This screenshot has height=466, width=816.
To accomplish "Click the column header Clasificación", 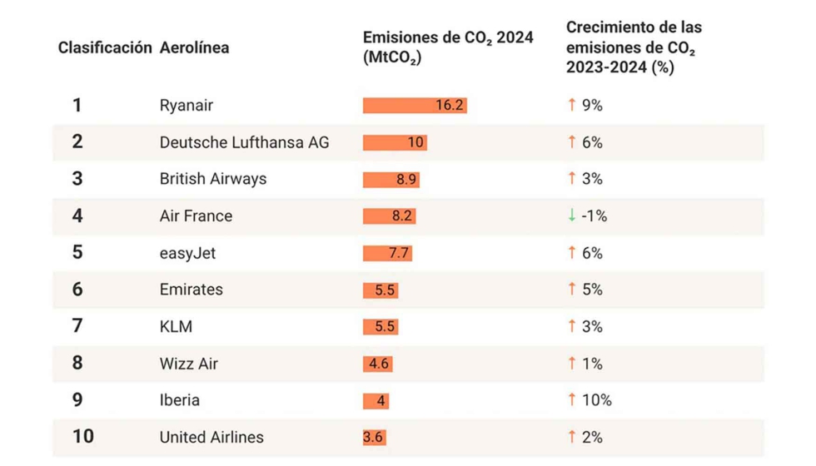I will [x=105, y=47].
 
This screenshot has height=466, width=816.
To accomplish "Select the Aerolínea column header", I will [x=194, y=47].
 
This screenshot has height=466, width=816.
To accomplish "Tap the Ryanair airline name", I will [x=187, y=106].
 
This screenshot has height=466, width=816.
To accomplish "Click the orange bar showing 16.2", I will [x=415, y=106].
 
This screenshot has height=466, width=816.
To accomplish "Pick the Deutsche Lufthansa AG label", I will [x=244, y=142].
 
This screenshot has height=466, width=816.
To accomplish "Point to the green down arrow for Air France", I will [x=571, y=216].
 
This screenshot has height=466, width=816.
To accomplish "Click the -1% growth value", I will [x=595, y=216].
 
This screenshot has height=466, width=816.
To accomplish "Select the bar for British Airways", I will [x=391, y=179].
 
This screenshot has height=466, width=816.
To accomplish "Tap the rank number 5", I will [x=77, y=252].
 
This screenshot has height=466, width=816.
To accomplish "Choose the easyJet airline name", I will [x=187, y=252].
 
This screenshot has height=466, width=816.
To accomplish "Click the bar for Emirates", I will [x=381, y=290].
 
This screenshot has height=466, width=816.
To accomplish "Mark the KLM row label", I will [x=176, y=326].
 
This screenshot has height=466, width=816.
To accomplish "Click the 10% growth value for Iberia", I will [x=596, y=400].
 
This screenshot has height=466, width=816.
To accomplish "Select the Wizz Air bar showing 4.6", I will [x=377, y=364].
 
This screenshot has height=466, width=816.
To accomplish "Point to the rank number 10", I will [x=82, y=437].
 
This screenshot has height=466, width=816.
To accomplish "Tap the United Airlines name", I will [x=211, y=437].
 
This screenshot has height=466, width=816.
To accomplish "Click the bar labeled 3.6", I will [x=374, y=437].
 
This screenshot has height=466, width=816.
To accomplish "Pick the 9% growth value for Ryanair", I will [x=592, y=106].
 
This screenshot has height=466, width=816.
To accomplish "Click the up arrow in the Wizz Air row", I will [x=571, y=363].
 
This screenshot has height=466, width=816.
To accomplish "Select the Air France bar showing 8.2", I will [x=389, y=216].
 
